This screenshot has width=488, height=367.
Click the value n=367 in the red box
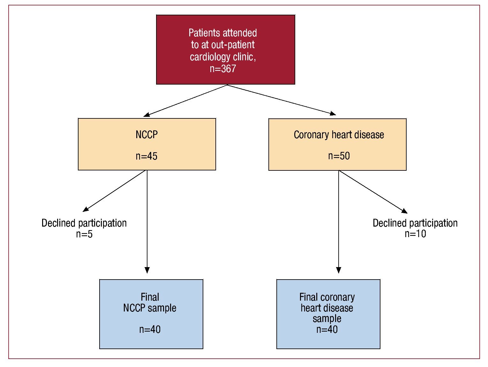point(223,69)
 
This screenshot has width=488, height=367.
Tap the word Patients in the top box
point(204,33)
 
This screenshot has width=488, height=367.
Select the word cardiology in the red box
point(210,57)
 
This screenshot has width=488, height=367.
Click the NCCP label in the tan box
point(147,134)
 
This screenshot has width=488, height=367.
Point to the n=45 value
point(146,156)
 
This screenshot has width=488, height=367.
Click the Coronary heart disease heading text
point(339,135)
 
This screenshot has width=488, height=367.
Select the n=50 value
point(339,156)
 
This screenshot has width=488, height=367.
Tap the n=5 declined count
point(84,234)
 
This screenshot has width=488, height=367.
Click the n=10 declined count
point(415,234)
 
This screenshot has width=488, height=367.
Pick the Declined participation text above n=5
point(84,223)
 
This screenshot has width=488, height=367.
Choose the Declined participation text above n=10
point(415,223)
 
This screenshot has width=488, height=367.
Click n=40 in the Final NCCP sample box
point(150,329)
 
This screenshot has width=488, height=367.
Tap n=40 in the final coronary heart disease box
point(327,329)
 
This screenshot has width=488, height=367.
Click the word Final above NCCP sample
point(150,297)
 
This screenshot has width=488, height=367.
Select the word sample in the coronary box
point(327,319)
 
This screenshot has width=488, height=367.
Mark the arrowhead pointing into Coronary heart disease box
point(333,113)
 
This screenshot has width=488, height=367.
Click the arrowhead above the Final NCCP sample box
point(147,270)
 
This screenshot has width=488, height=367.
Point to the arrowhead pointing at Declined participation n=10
point(404,211)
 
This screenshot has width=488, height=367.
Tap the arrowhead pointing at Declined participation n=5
point(86,209)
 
